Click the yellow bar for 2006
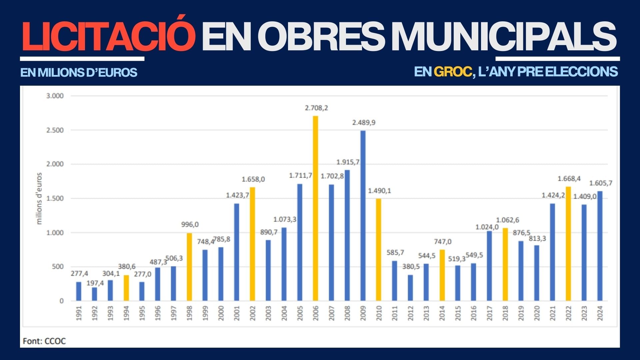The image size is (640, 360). (315, 208)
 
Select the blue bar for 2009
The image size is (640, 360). (363, 216)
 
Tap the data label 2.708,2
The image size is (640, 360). (316, 108)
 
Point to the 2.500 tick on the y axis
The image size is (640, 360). (55, 130)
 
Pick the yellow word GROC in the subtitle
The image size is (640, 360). (452, 72)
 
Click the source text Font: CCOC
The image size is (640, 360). (44, 341)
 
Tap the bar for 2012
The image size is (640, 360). (410, 288)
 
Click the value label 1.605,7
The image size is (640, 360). (601, 183)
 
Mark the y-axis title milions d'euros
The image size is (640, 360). (39, 198)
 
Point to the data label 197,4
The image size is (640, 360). (95, 283)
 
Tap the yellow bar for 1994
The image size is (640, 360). (126, 288)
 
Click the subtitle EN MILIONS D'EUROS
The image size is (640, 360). (79, 72)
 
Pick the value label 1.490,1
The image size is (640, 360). (379, 191)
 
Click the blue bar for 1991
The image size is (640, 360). (79, 291)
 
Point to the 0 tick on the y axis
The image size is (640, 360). (61, 301)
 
